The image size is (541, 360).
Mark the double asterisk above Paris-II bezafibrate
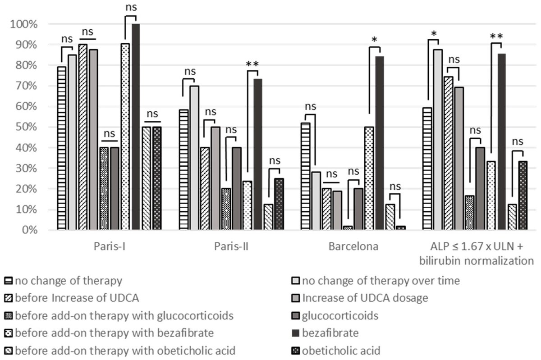(x=252, y=64)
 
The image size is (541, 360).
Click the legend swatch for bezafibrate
(x=295, y=333)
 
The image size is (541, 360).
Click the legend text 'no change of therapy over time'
(x=381, y=281)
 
